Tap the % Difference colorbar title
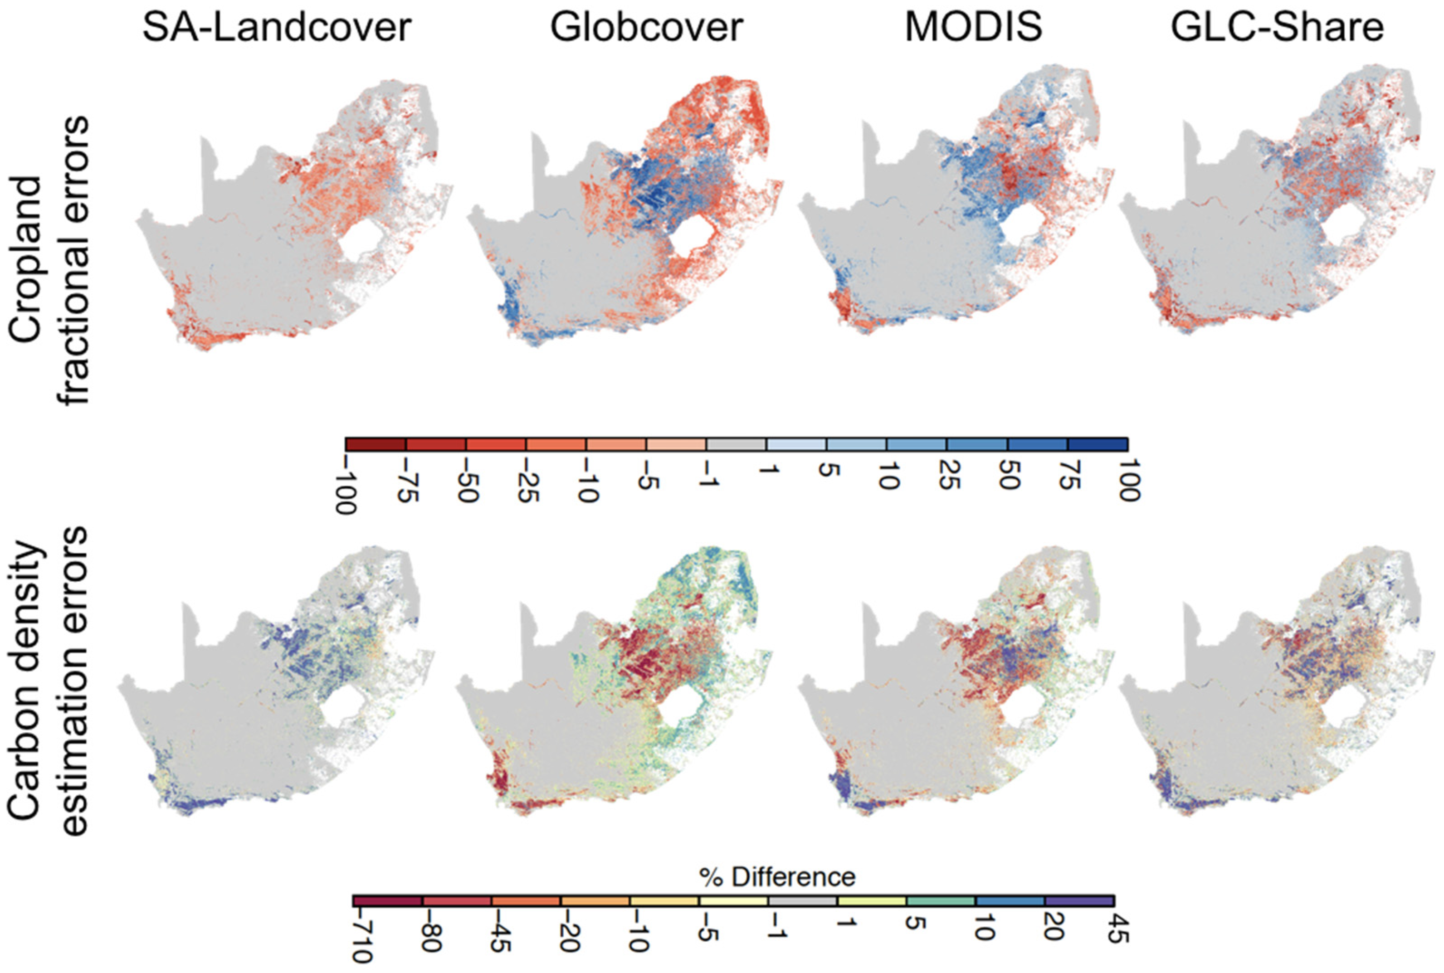point(777,877)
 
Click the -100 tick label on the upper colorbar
point(346,486)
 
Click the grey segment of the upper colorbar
point(737,444)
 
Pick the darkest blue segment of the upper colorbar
point(1098,444)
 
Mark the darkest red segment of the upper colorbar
point(376,444)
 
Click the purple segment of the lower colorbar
point(1080,900)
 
